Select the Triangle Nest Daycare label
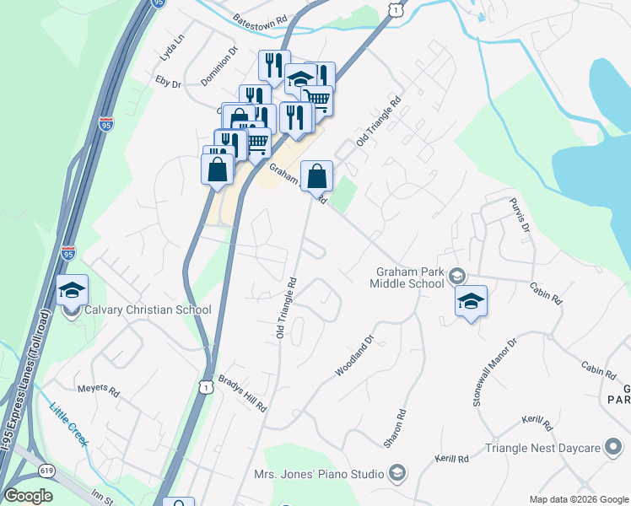[543, 448]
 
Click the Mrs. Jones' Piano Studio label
[319, 474]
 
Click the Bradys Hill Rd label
[242, 393]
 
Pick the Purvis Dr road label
[520, 216]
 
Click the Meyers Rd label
[99, 390]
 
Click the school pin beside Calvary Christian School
[73, 292]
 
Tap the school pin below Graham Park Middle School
[471, 301]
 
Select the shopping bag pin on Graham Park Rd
[316, 177]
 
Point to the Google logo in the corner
[28, 496]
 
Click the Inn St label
[101, 498]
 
